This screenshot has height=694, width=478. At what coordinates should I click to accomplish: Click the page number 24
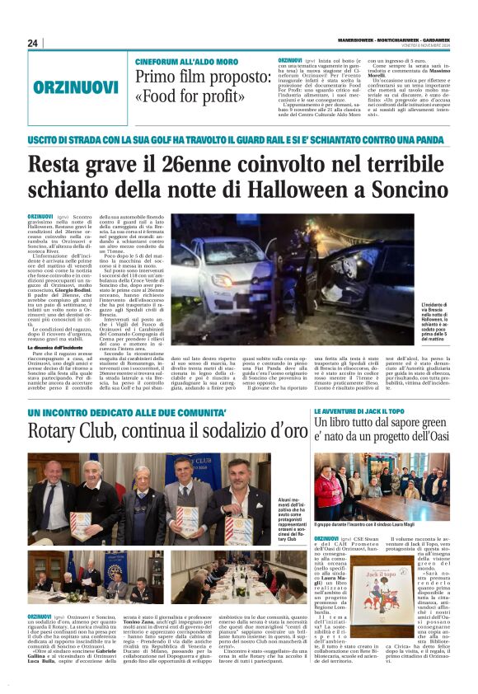point(33,44)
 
